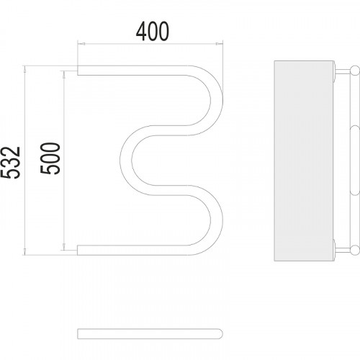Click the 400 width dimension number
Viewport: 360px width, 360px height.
[153, 32]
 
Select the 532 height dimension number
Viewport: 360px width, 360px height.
[10, 163]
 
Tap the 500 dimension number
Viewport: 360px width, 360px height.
[50, 158]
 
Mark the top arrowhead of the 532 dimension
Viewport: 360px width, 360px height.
[24, 69]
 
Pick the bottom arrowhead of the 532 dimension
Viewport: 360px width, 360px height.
[24, 251]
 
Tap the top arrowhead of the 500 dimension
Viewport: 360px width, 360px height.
[64, 74]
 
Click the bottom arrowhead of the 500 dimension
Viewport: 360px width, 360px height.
[64, 246]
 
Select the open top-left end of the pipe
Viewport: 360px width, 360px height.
[78, 71]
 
